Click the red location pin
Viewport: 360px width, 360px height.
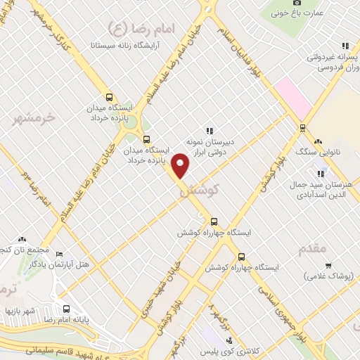point(181,165)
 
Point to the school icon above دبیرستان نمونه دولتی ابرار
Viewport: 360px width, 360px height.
point(210,130)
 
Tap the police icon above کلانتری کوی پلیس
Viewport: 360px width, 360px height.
point(235,333)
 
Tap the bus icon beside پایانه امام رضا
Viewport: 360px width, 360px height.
point(67,309)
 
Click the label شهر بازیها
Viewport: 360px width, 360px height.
point(21,310)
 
